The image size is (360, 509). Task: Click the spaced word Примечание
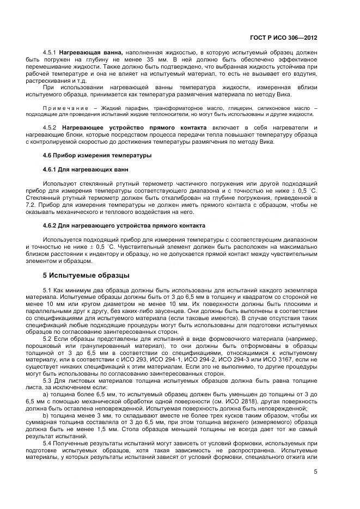[x=65, y=108]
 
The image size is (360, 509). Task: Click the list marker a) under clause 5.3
[x=45, y=394]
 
